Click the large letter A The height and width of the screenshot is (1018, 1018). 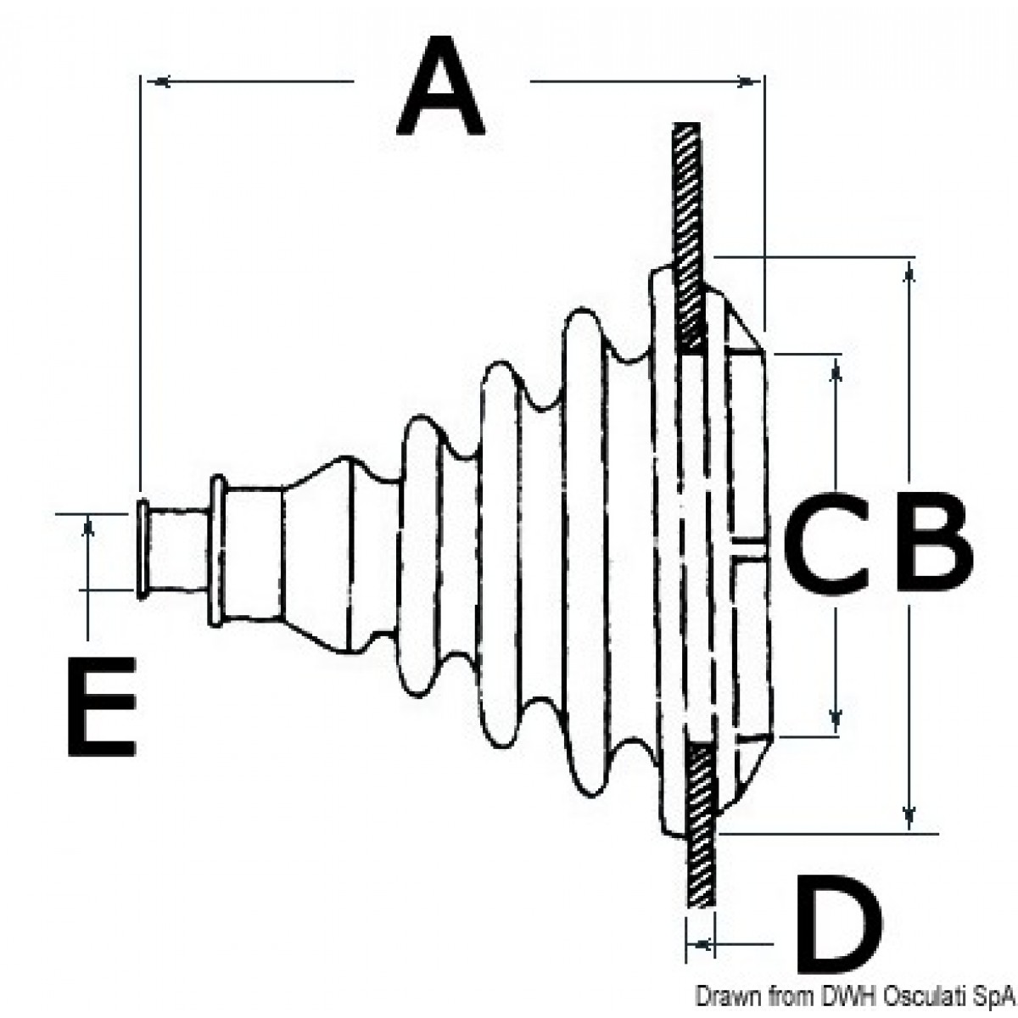coord(440,86)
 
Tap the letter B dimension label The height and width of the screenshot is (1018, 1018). coord(934,541)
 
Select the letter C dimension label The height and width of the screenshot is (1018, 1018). coord(825,542)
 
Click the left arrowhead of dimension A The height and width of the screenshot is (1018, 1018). coord(158,82)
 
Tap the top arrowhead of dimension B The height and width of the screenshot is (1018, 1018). coord(908,275)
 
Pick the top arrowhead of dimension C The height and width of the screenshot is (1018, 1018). coord(836,370)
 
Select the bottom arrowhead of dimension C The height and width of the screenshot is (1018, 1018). coord(835,719)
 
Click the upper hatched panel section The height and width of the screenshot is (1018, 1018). coord(689,238)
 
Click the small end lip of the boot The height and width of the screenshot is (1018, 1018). coord(142,551)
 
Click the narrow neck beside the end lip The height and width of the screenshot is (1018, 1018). coord(177,551)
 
